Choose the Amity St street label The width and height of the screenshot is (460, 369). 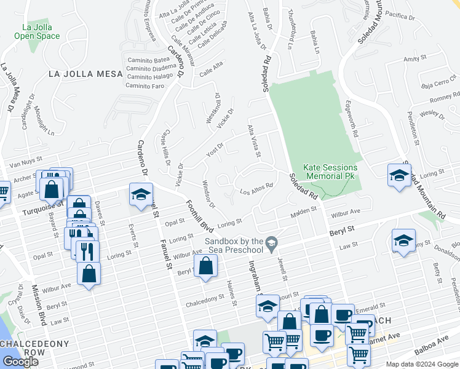(x=414, y=58)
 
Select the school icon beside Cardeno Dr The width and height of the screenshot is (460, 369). (x=141, y=195)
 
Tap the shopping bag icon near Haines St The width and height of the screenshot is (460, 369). (x=207, y=267)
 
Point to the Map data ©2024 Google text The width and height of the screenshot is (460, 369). (x=422, y=364)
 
